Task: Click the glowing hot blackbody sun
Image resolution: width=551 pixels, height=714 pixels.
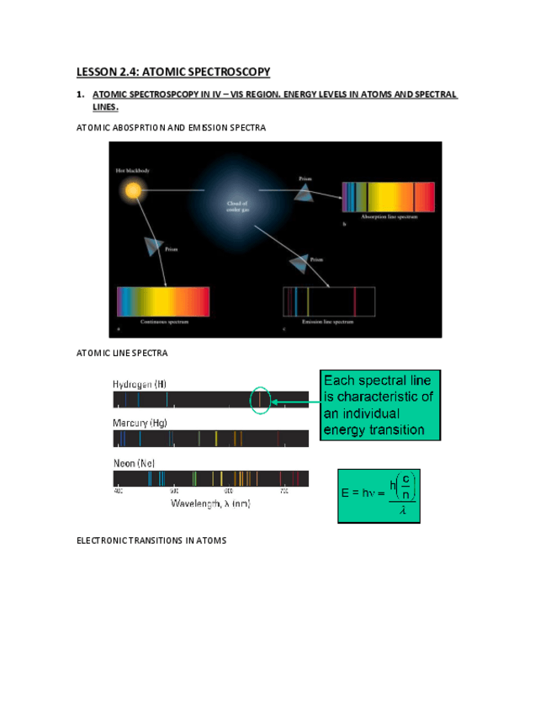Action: click(132, 191)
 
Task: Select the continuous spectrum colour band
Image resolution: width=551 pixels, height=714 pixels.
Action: click(162, 301)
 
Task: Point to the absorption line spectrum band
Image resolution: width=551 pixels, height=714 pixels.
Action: click(388, 196)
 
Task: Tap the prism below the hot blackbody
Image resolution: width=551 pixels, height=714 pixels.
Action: click(153, 245)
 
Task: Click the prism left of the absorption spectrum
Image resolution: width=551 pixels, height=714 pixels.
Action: click(303, 194)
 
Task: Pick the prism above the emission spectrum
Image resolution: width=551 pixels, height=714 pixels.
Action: click(298, 264)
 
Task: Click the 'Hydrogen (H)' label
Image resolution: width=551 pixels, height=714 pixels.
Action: click(140, 383)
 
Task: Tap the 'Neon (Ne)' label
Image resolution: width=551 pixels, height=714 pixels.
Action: click(134, 463)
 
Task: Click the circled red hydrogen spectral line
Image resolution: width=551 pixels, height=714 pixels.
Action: click(261, 399)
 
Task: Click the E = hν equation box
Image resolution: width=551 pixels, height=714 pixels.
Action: click(379, 495)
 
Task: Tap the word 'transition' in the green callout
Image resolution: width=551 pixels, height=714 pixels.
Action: click(411, 429)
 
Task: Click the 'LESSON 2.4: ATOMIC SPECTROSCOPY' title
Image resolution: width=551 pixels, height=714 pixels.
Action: click(173, 72)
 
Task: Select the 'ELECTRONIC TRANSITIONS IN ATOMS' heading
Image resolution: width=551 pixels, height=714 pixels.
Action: click(151, 540)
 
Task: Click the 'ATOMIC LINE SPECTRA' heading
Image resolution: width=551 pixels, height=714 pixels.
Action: click(122, 352)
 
